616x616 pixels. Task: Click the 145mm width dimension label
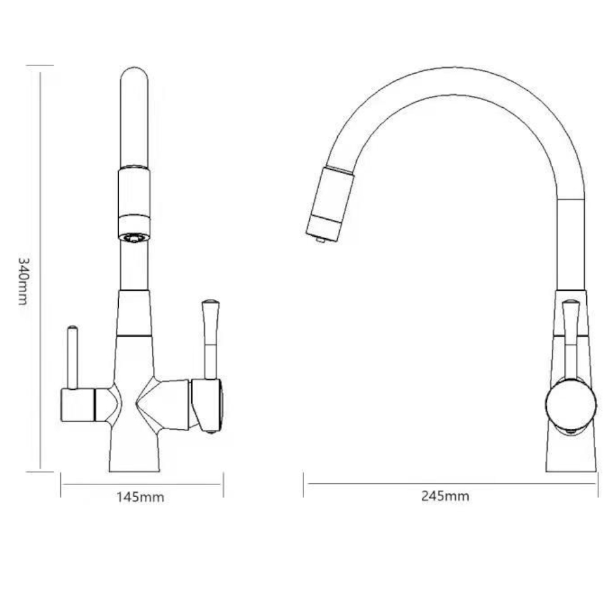coord(140,497)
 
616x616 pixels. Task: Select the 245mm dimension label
coord(445,496)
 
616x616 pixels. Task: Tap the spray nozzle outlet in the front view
coord(134,238)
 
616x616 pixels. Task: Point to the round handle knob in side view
coord(570,404)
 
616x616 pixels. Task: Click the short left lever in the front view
coord(73,357)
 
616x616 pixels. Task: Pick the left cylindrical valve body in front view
coord(77,405)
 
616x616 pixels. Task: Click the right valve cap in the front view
coord(208,405)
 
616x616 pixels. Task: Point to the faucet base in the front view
coord(134,454)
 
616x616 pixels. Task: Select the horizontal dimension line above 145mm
coord(142,485)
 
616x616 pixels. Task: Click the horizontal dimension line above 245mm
coord(450,485)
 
